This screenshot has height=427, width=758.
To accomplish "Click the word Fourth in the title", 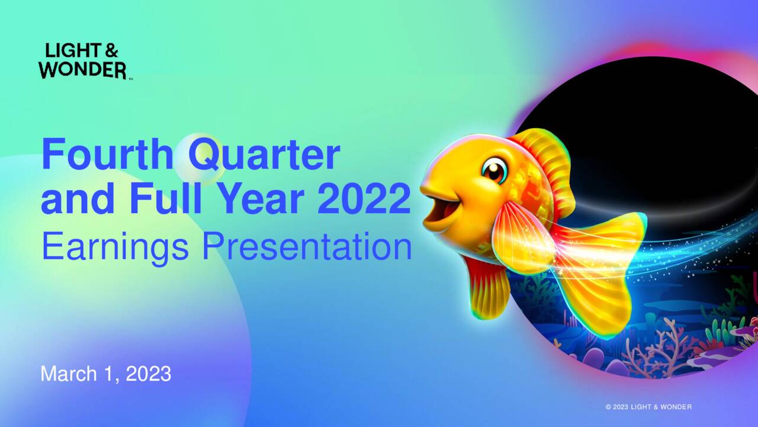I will click(107, 154).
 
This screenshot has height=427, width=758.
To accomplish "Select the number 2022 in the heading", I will click(364, 200).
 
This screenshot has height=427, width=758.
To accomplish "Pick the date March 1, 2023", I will click(106, 374).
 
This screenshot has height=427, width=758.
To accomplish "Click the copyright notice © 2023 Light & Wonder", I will click(648, 407).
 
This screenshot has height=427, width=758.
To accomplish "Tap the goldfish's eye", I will click(494, 170).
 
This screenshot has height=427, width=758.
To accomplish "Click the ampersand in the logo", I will click(110, 52).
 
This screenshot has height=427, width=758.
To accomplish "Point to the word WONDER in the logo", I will click(82, 70).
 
